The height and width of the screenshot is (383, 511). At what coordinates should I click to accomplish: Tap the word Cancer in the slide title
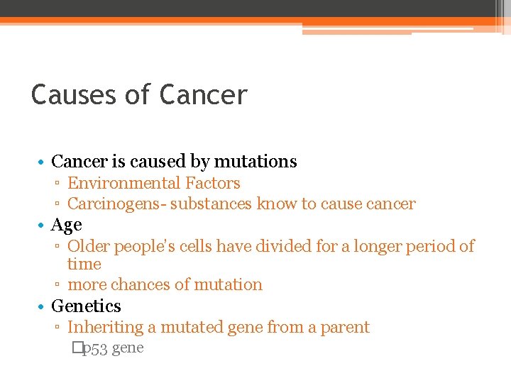[204, 94]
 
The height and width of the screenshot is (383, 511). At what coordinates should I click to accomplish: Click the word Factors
[212, 183]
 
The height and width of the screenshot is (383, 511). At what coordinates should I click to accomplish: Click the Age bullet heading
[67, 226]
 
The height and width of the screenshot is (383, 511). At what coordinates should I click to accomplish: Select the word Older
[89, 247]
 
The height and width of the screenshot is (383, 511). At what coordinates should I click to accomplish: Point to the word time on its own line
[84, 265]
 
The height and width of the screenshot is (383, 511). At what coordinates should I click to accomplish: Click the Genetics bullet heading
[87, 306]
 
